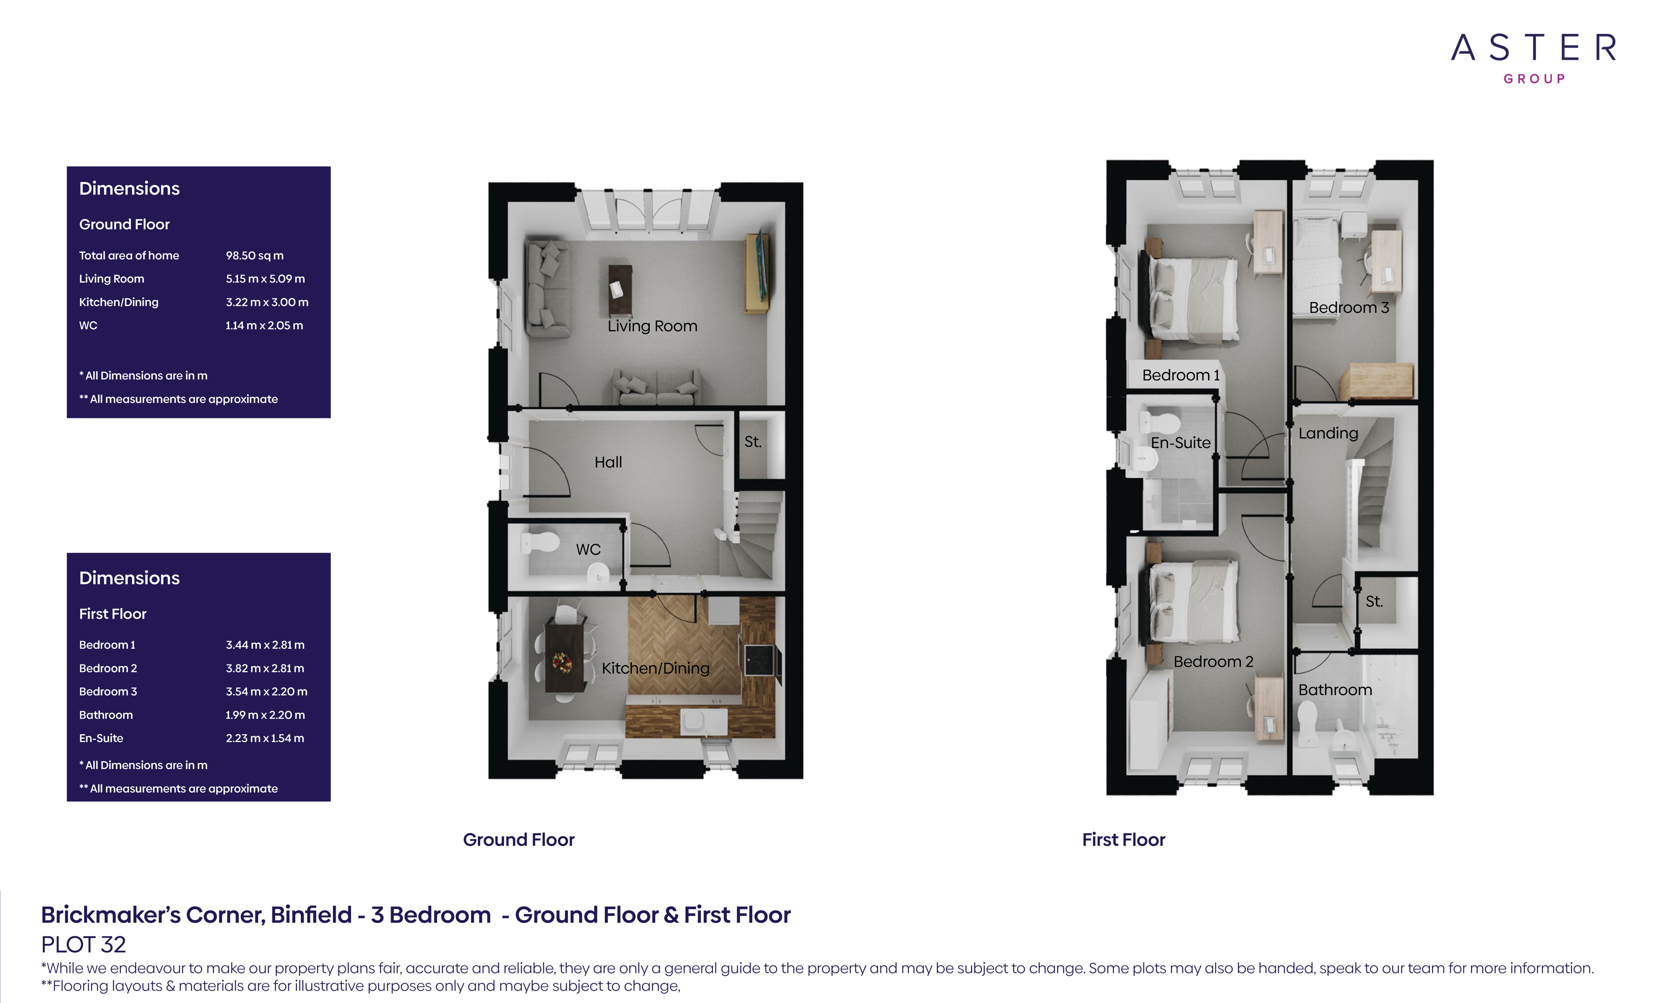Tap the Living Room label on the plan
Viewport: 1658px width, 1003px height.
[652, 326]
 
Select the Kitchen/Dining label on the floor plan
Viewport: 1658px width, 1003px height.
[656, 668]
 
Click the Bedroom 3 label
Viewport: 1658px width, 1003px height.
[1349, 307]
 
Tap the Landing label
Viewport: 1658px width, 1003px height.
[1328, 433]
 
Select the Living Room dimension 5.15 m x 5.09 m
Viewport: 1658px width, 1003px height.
[265, 279]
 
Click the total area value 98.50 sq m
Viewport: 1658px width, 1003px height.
[254, 256]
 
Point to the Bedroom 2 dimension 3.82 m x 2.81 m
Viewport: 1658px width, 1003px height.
[265, 668]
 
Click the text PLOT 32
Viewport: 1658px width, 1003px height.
[83, 944]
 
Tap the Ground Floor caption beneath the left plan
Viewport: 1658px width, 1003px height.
[519, 839]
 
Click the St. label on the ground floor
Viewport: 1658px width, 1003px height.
[753, 441]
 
